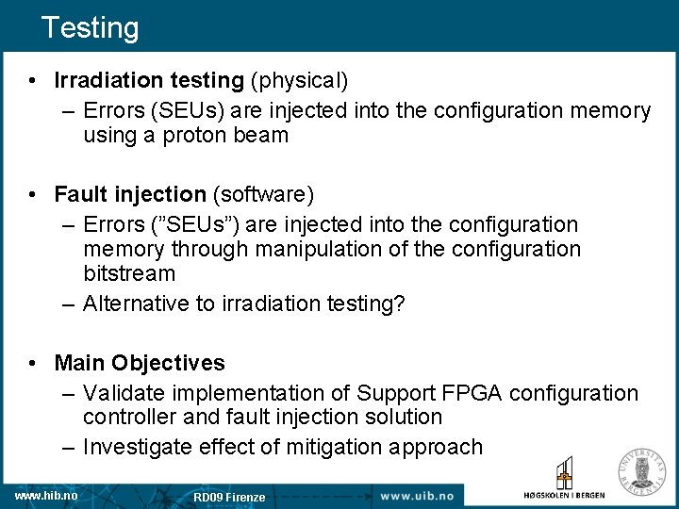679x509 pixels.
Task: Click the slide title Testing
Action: tap(90, 27)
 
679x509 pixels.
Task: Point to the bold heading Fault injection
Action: tap(130, 194)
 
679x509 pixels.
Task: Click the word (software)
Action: tap(263, 194)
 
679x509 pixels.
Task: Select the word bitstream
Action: tap(129, 274)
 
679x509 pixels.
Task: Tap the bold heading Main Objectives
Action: tap(140, 363)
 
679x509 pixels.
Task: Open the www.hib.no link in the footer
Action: tap(45, 496)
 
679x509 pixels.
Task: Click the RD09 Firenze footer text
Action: tap(229, 497)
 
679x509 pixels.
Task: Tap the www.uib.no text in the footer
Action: tap(418, 496)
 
